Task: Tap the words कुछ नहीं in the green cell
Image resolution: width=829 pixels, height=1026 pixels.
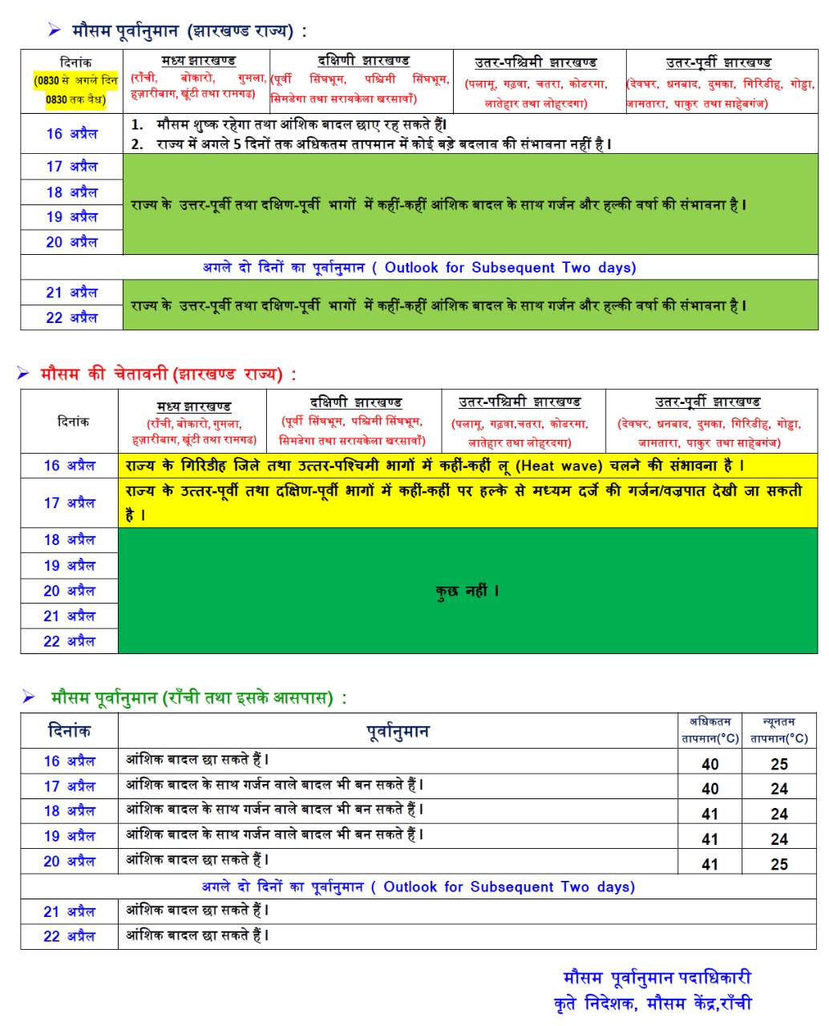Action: click(x=467, y=592)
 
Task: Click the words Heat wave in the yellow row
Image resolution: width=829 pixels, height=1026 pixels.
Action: click(x=559, y=466)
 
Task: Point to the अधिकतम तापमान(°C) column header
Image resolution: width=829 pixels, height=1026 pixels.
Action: click(x=710, y=730)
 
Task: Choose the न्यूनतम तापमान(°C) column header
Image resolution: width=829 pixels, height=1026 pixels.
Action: click(x=778, y=730)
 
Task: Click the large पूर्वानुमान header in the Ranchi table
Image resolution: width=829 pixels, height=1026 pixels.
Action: click(x=398, y=731)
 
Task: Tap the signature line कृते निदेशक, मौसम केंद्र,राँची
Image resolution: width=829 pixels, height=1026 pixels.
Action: click(x=653, y=1004)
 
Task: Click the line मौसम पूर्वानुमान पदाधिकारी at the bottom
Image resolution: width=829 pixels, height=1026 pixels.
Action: click(x=657, y=978)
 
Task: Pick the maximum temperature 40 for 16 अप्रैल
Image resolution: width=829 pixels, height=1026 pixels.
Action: click(x=710, y=764)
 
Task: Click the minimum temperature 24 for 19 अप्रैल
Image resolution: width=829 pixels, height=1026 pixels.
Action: click(x=778, y=839)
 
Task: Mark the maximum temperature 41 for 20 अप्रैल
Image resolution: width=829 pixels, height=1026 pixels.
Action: click(x=710, y=864)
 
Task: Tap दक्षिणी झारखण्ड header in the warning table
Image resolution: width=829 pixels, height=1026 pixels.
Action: click(x=355, y=402)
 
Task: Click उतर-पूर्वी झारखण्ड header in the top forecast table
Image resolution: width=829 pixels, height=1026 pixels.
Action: click(x=718, y=63)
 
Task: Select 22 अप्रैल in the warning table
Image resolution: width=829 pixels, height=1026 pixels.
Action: click(x=69, y=641)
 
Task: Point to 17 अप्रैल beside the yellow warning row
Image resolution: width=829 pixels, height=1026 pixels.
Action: click(x=69, y=503)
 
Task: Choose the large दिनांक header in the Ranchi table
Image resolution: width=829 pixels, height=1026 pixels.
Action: click(x=69, y=731)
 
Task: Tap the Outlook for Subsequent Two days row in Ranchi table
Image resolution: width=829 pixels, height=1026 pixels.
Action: click(x=418, y=887)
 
